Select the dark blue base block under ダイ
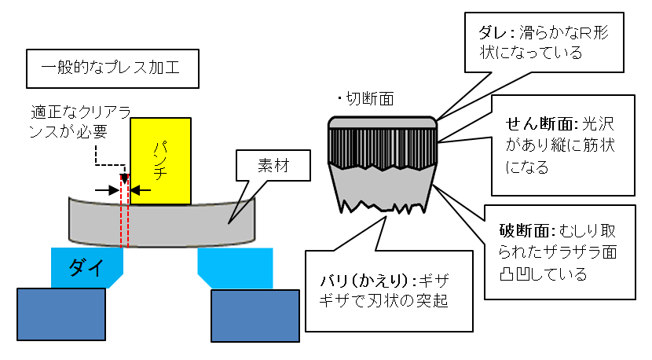60,314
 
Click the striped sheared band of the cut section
383,148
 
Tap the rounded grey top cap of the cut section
383,122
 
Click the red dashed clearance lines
124,220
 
